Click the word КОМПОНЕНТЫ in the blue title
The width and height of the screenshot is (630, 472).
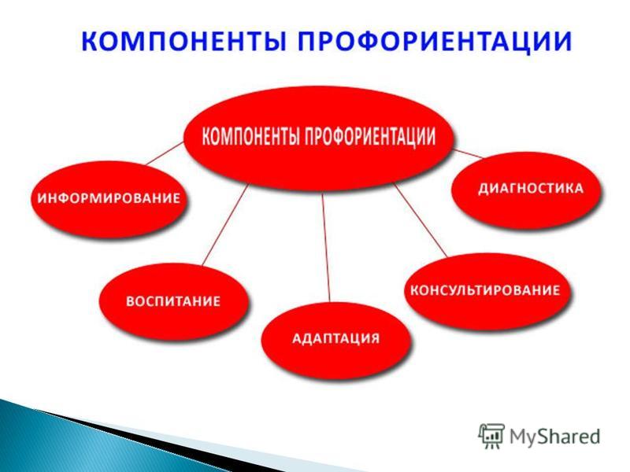point(181,41)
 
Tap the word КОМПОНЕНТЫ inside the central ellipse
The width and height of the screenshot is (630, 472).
point(250,136)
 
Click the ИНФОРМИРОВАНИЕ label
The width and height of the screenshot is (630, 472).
point(109,198)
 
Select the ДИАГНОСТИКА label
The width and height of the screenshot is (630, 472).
point(530,188)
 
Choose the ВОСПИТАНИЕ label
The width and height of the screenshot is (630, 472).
point(173,301)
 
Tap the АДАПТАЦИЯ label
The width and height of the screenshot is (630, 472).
point(335,338)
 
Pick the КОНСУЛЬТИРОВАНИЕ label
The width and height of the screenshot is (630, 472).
point(485,289)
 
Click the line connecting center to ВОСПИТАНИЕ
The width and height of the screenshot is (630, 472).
point(225,224)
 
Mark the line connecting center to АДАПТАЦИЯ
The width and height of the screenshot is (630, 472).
point(326,247)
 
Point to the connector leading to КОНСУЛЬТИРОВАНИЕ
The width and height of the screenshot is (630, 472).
point(421,220)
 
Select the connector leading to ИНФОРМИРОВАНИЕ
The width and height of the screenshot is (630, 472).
point(165,153)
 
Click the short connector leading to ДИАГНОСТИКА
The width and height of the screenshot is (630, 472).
point(468,153)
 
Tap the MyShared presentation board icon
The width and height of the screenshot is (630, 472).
point(491,436)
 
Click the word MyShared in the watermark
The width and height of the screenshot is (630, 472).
point(555,437)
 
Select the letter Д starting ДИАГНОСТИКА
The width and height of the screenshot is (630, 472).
point(484,189)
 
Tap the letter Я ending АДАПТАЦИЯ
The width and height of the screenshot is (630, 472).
point(375,338)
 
